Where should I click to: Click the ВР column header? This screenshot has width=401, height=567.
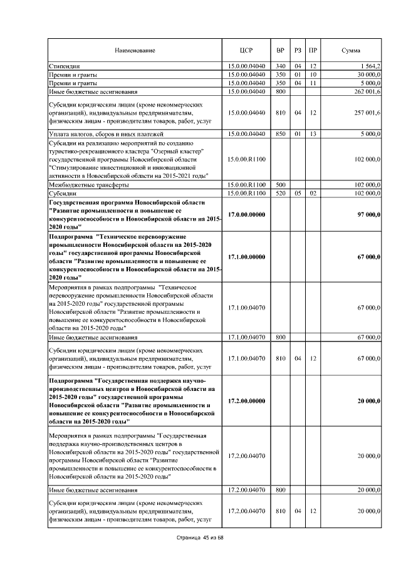pyautogui.click(x=280, y=49)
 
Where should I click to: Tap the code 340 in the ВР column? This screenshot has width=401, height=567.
pyautogui.click(x=280, y=66)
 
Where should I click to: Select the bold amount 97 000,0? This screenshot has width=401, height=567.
pyautogui.click(x=369, y=215)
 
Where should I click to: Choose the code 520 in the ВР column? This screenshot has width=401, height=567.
pyautogui.click(x=280, y=194)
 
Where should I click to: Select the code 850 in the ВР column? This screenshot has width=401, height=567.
pyautogui.click(x=280, y=134)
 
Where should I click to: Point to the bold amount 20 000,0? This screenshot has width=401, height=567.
pyautogui.click(x=369, y=401)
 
